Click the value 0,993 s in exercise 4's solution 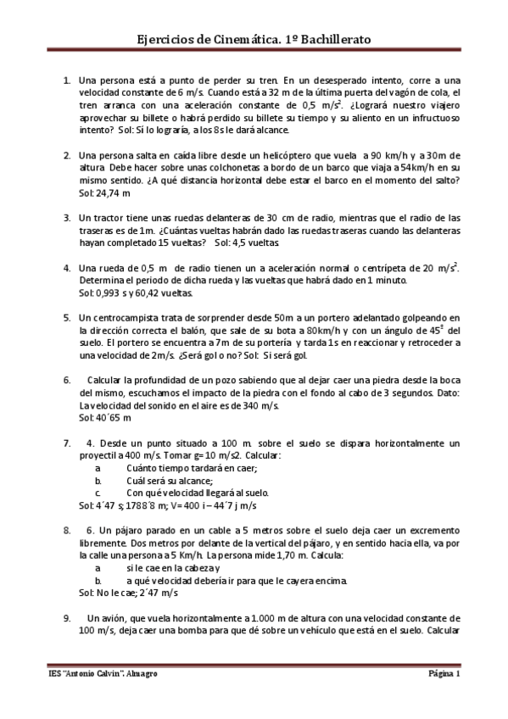click(114, 293)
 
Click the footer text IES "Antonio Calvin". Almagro click(103, 674)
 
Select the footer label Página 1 click(443, 674)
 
